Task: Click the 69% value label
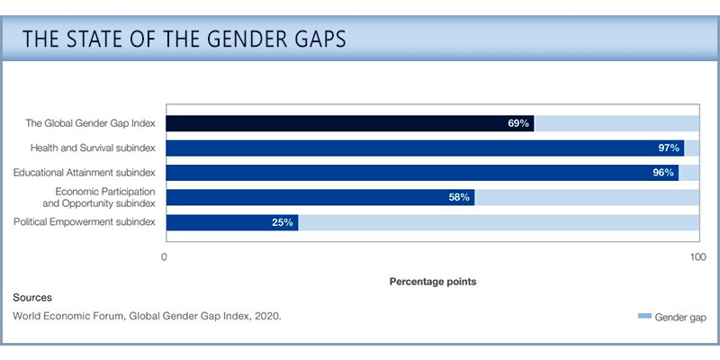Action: (517, 123)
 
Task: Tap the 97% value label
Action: (669, 148)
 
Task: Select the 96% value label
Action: (663, 173)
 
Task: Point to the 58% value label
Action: (459, 197)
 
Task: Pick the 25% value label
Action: (283, 222)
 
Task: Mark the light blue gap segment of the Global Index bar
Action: (616, 123)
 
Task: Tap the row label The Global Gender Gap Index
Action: (91, 123)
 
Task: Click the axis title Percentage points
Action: (432, 282)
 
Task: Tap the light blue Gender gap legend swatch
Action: (643, 317)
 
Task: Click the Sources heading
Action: (32, 297)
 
